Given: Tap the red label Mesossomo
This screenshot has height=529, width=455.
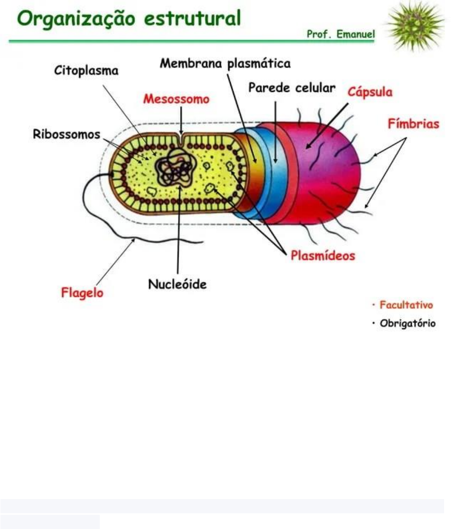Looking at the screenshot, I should (x=176, y=100).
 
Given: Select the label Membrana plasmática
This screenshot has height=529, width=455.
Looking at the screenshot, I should (x=225, y=63).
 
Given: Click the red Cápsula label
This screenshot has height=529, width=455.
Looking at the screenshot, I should (x=370, y=92).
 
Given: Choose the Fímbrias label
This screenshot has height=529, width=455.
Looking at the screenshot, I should (x=414, y=124).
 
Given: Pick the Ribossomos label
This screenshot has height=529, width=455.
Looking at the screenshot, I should (x=66, y=134).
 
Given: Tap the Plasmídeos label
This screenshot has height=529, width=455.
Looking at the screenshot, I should (x=322, y=255).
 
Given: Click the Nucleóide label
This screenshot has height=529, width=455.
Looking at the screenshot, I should (x=177, y=284).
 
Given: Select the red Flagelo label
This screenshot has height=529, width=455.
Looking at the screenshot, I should (x=82, y=293).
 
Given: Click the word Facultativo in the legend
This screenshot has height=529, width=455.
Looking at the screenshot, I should (x=406, y=305).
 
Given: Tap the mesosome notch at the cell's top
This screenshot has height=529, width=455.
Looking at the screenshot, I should (x=181, y=138).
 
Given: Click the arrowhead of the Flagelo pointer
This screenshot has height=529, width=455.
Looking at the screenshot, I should (x=134, y=240).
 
